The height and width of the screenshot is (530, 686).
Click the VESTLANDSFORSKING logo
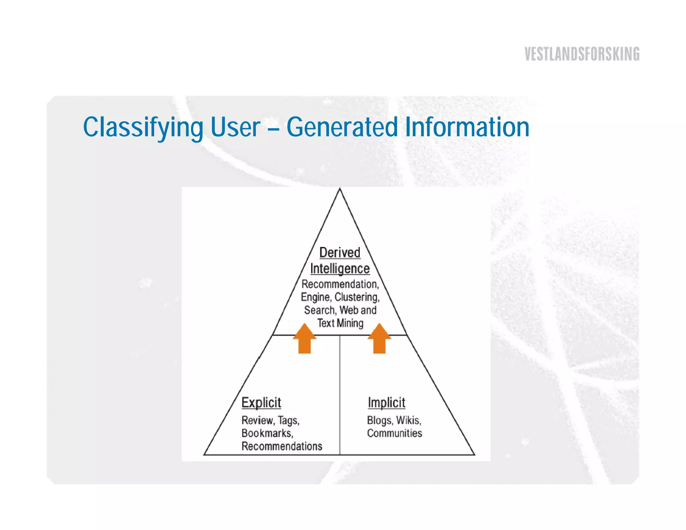[x=582, y=54]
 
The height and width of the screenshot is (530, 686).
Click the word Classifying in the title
[x=143, y=127]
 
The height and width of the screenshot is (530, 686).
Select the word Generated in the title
[x=342, y=127]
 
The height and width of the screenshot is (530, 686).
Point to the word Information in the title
[x=467, y=127]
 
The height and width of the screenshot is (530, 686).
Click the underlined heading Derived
[x=340, y=253]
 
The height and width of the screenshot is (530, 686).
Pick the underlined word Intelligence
[x=340, y=269]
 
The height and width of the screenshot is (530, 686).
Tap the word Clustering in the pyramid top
[x=357, y=297]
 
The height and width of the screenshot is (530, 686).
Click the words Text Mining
[x=340, y=323]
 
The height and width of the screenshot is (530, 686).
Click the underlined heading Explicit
[x=261, y=403]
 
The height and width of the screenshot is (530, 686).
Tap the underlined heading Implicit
[x=387, y=403]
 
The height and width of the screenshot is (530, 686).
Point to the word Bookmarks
[x=267, y=433]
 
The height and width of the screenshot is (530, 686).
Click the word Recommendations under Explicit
[x=282, y=446]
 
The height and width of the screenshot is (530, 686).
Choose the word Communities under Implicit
[x=395, y=433]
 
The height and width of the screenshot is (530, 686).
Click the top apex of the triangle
[x=340, y=190]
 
